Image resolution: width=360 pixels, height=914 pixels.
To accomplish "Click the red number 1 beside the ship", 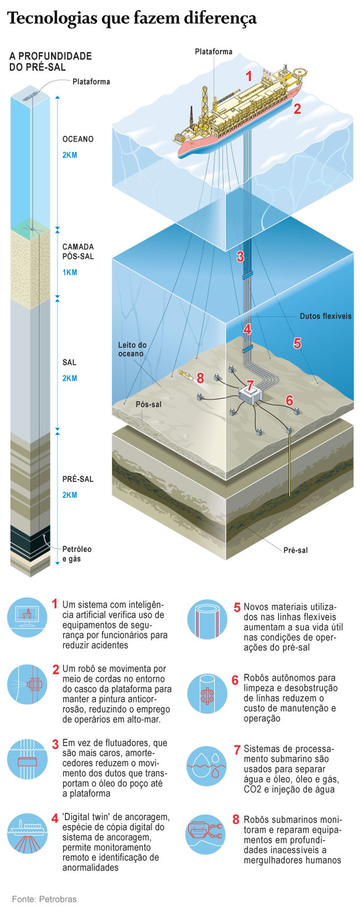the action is pos(249,76).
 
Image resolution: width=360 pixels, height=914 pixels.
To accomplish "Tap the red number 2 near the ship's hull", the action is pos(297,108).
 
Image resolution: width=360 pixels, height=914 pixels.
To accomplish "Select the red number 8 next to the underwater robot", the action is pos(200,378).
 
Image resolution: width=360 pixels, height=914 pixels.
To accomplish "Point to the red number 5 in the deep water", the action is pos(297,343).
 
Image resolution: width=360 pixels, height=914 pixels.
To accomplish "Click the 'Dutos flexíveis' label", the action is pos(325,316).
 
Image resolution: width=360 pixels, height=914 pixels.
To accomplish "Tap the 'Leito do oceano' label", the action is pos(132,349).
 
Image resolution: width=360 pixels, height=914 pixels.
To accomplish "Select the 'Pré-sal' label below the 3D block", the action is pos(295,550).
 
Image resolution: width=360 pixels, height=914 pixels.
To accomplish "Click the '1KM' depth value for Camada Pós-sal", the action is pos(70,272).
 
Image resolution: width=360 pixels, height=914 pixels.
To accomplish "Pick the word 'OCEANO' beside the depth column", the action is pos(78,139).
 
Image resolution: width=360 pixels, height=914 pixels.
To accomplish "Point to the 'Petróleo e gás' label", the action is pos(77,554).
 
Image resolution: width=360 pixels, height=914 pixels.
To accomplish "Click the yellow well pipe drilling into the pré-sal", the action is pos(290,464).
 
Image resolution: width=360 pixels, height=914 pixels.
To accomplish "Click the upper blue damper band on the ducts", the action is pos(248,275).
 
